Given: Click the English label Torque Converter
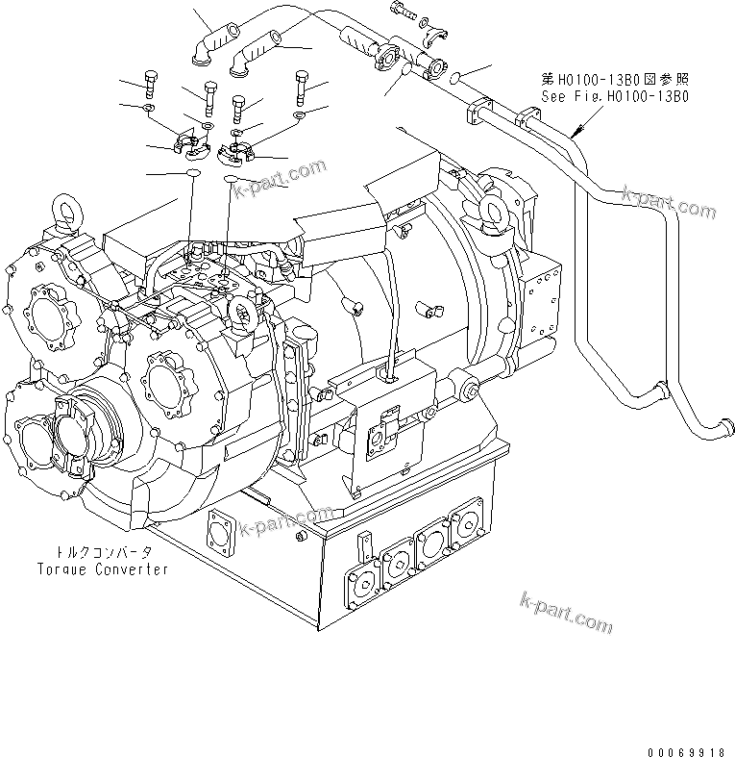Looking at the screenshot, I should [x=103, y=568].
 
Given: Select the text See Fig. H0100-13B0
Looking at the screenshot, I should [x=615, y=97].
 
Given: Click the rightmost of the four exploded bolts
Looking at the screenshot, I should [x=302, y=86].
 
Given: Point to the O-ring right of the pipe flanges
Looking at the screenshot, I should [x=458, y=78].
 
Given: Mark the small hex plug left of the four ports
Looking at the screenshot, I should [x=364, y=544].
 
